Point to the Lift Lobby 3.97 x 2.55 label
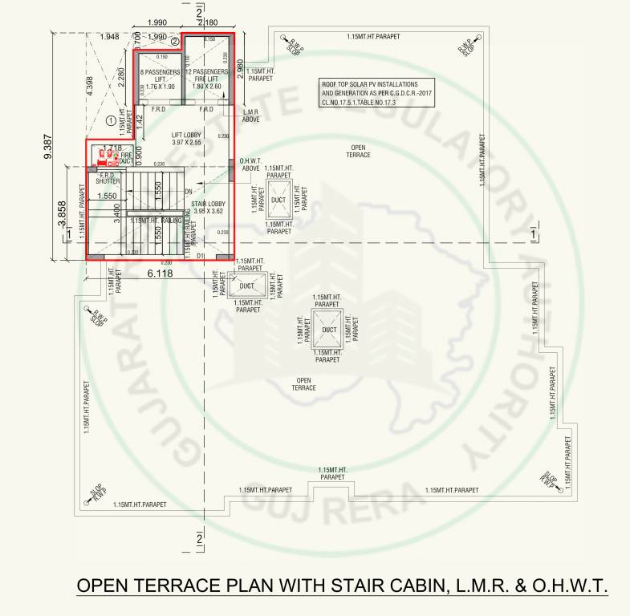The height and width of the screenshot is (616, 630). [x=185, y=138]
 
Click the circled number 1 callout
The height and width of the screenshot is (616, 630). [x=111, y=121]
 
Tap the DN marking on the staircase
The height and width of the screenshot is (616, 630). [x=188, y=192]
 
